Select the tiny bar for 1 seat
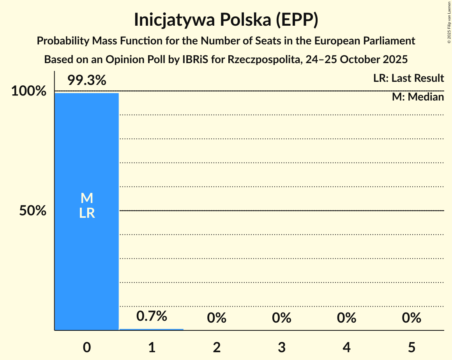point(151,329)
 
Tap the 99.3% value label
point(87,80)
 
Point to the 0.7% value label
point(152,316)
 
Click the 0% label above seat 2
point(217,318)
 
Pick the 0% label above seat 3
point(282,318)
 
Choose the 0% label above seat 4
point(347,318)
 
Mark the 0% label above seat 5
point(411,318)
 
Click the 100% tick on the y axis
point(28,91)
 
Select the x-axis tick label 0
point(87,347)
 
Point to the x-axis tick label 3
point(282,347)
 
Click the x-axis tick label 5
point(411,347)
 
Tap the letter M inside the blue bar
point(87,198)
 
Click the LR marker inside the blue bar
point(87,213)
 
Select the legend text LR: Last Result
point(408,78)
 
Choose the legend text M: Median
point(418,97)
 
